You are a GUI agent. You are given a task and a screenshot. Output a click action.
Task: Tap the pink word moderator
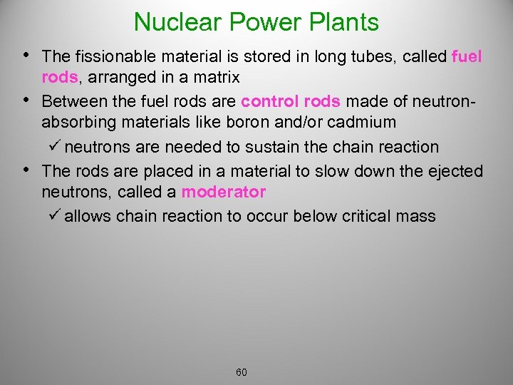tap(223, 192)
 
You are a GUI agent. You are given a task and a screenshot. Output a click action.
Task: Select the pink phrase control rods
tap(291, 101)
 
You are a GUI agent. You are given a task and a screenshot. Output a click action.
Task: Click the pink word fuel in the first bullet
tap(467, 56)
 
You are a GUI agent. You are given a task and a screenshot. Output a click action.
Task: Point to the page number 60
tap(242, 372)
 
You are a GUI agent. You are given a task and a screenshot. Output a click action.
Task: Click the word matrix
tap(214, 77)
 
